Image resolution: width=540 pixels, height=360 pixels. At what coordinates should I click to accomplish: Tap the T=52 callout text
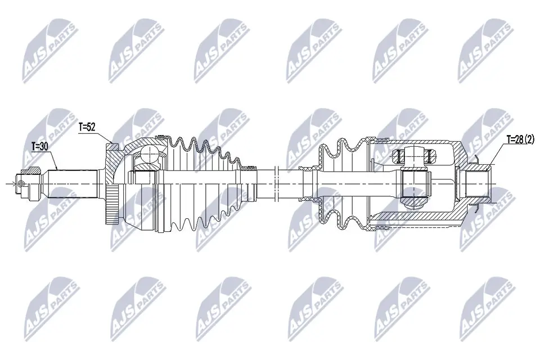pos(87,128)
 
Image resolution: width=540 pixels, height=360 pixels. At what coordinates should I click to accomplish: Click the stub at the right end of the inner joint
pos(477,183)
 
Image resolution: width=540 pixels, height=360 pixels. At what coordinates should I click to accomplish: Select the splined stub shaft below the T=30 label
pos(73,183)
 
